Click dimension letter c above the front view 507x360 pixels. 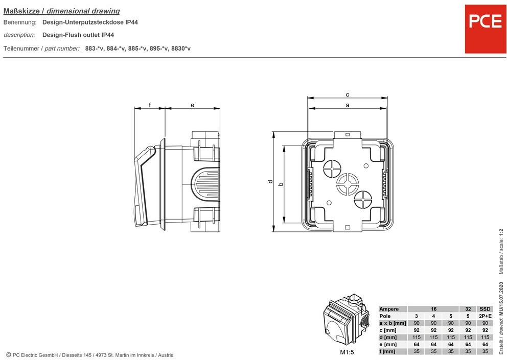point(348,94)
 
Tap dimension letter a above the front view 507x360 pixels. point(348,105)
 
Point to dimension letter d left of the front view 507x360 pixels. point(269,182)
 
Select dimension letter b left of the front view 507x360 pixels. point(280,183)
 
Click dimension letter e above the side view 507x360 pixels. point(192,105)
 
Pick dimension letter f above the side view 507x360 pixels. point(150,105)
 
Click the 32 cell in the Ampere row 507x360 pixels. point(468,309)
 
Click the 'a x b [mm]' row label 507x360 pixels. point(393,323)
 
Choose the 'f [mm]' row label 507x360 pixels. point(388,351)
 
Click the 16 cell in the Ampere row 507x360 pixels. point(433,309)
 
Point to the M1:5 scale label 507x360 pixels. point(348,352)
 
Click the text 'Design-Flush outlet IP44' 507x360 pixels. point(78,35)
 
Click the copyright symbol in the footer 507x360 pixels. point(8,355)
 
